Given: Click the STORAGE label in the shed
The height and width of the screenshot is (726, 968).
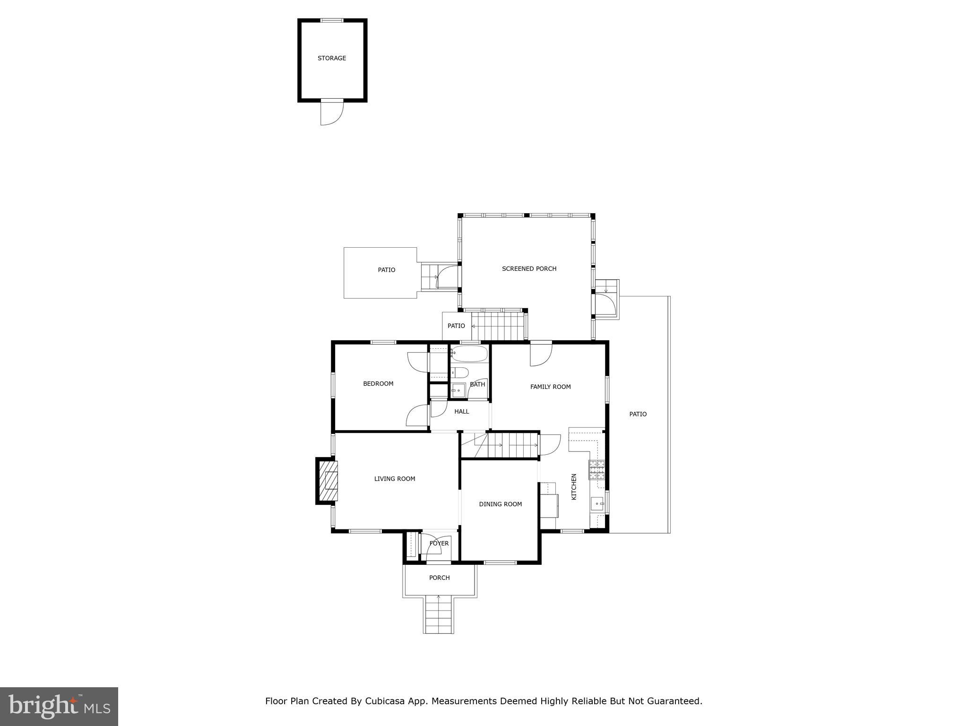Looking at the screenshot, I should tap(331, 58).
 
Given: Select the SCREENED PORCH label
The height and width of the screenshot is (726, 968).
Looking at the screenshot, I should tap(529, 268).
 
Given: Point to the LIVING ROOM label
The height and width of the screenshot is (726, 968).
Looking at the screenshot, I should tap(394, 479).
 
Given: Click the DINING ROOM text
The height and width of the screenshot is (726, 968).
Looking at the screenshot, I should tap(500, 504).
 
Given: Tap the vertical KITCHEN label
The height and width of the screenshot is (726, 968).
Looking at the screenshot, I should tap(574, 487).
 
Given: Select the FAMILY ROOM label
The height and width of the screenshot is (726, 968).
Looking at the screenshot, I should tap(550, 387).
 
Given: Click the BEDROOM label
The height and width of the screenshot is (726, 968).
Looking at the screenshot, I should tap(378, 384).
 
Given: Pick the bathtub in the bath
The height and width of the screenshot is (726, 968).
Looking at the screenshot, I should tap(469, 353).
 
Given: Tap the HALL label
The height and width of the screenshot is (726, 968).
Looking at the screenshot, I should tap(461, 412).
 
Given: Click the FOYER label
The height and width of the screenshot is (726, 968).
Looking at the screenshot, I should tap(439, 544).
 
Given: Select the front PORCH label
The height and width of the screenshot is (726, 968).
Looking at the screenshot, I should tap(439, 578).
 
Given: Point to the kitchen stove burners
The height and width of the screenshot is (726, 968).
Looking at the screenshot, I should tap(596, 470).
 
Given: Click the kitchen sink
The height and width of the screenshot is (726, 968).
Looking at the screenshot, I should tap(597, 504).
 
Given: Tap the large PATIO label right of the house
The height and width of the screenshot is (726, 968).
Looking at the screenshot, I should tap(638, 414).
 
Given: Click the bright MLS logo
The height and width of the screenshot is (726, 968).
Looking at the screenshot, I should tap(59, 707).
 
